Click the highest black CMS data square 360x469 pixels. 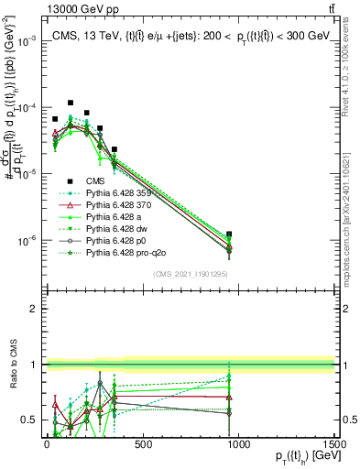click(x=71, y=104)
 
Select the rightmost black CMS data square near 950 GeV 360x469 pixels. click(x=229, y=234)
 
